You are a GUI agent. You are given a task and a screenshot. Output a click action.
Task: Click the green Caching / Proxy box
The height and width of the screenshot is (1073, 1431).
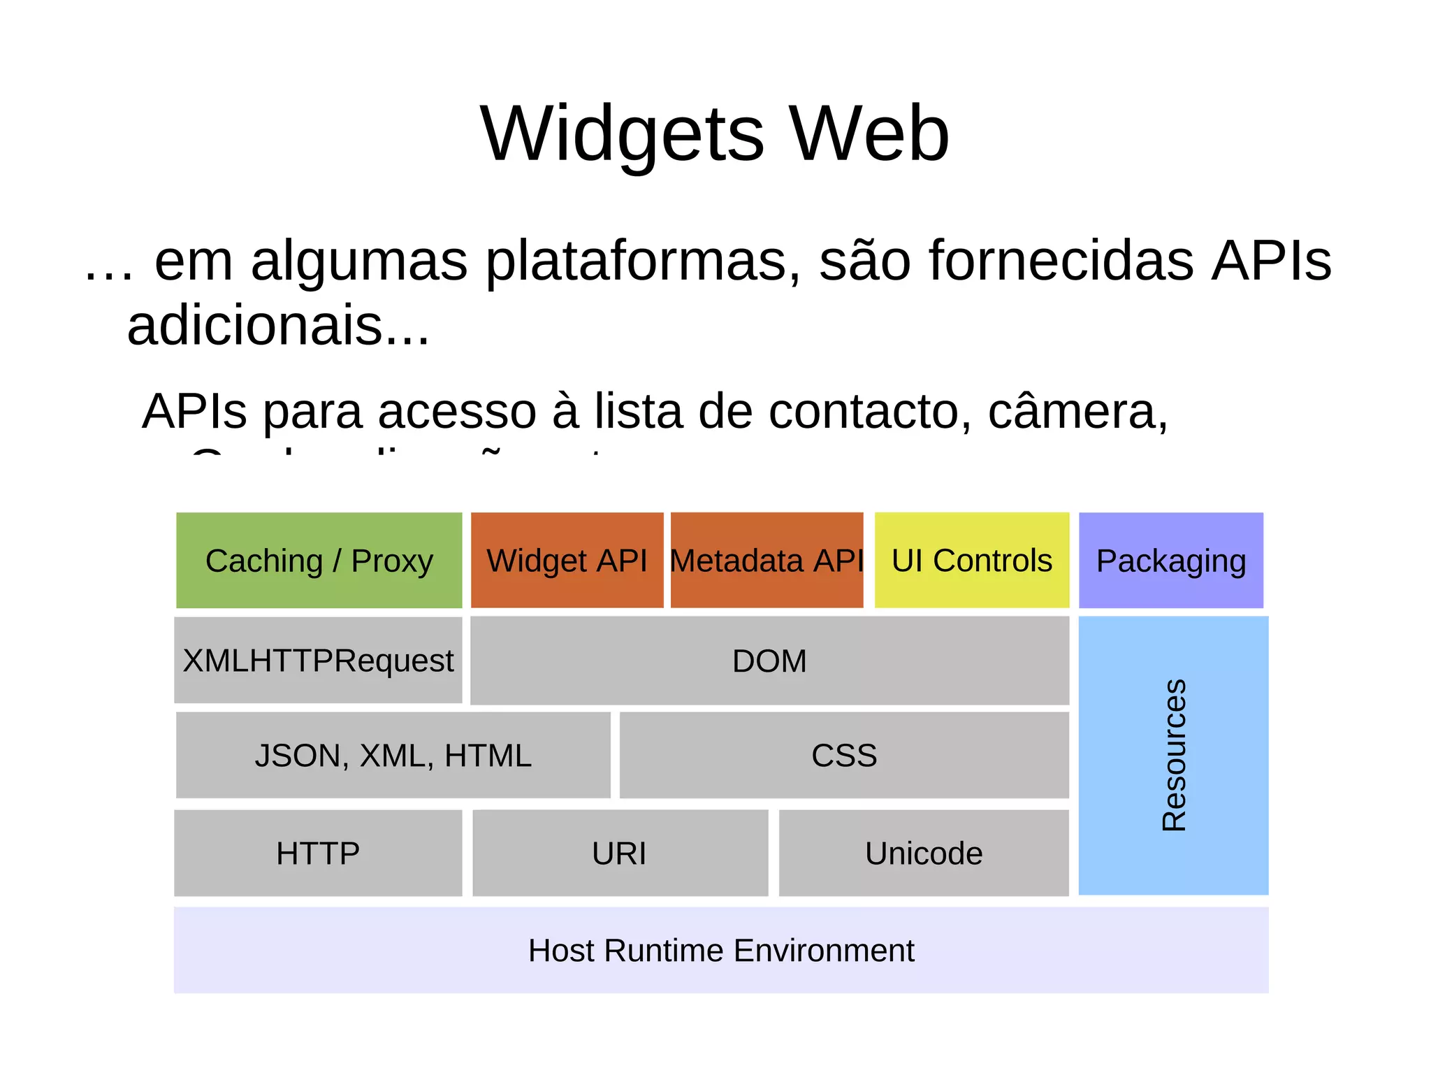click(x=319, y=561)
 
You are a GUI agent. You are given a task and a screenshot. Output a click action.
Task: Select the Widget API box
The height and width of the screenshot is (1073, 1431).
click(x=567, y=561)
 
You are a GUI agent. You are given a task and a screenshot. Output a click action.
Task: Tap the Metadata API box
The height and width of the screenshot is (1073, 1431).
click(x=767, y=561)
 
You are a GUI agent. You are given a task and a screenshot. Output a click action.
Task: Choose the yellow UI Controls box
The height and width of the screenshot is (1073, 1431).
click(x=971, y=561)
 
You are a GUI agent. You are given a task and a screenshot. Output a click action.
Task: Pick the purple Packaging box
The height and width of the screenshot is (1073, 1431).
click(x=1171, y=561)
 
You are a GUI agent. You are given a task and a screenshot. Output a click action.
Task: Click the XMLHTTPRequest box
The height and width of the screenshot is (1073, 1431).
click(x=318, y=661)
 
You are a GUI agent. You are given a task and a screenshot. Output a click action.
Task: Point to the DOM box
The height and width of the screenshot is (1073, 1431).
click(x=769, y=661)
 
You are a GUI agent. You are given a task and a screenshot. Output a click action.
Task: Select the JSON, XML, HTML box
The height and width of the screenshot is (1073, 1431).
click(x=393, y=756)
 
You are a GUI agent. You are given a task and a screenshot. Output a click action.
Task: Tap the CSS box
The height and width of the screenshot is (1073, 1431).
click(x=844, y=756)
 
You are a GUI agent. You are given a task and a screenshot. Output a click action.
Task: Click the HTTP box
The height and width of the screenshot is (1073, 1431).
click(x=318, y=854)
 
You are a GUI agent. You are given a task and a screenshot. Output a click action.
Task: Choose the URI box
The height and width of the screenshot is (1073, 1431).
click(x=620, y=854)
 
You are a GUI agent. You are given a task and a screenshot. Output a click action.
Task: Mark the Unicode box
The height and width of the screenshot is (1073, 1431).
click(x=924, y=854)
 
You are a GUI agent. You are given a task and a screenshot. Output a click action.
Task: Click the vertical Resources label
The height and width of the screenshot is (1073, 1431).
click(x=1174, y=755)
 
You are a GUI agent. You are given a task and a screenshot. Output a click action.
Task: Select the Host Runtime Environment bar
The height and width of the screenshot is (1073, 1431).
click(x=721, y=951)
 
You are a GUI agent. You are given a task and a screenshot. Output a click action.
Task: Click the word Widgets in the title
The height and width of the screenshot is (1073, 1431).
click(x=622, y=134)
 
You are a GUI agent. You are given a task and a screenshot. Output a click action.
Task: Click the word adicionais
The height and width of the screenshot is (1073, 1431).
click(x=277, y=326)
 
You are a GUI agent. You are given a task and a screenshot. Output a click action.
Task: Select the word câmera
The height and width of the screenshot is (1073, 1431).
click(x=1077, y=411)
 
